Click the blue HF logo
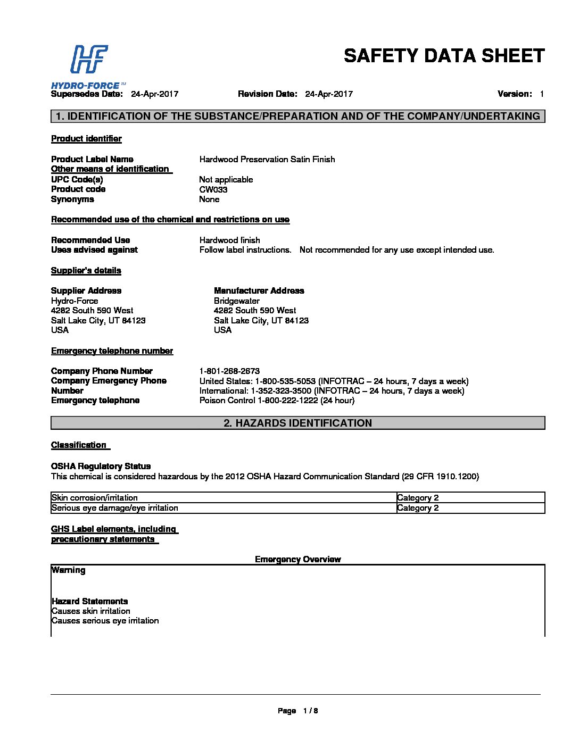pos(89,59)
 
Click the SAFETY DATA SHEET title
pos(444,56)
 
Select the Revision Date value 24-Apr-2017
pos(328,94)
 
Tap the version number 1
pos(542,94)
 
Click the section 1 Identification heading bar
pos(297,116)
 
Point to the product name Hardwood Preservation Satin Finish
pos(267,159)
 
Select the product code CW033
pos(213,189)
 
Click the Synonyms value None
pos(209,199)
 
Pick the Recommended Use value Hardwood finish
pos(229,240)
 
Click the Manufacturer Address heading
pos(259,290)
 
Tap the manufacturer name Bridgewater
pos(236,301)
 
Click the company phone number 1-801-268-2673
pos(229,371)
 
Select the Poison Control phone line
pos(277,401)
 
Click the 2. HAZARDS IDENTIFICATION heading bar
pos(297,423)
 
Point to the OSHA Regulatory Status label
pos(101,466)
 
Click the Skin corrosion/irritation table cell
pos(95,498)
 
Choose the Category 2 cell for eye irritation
pos(418,508)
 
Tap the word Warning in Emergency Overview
pos(69,570)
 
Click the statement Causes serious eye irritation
pos(105,621)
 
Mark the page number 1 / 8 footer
pos(297,711)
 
